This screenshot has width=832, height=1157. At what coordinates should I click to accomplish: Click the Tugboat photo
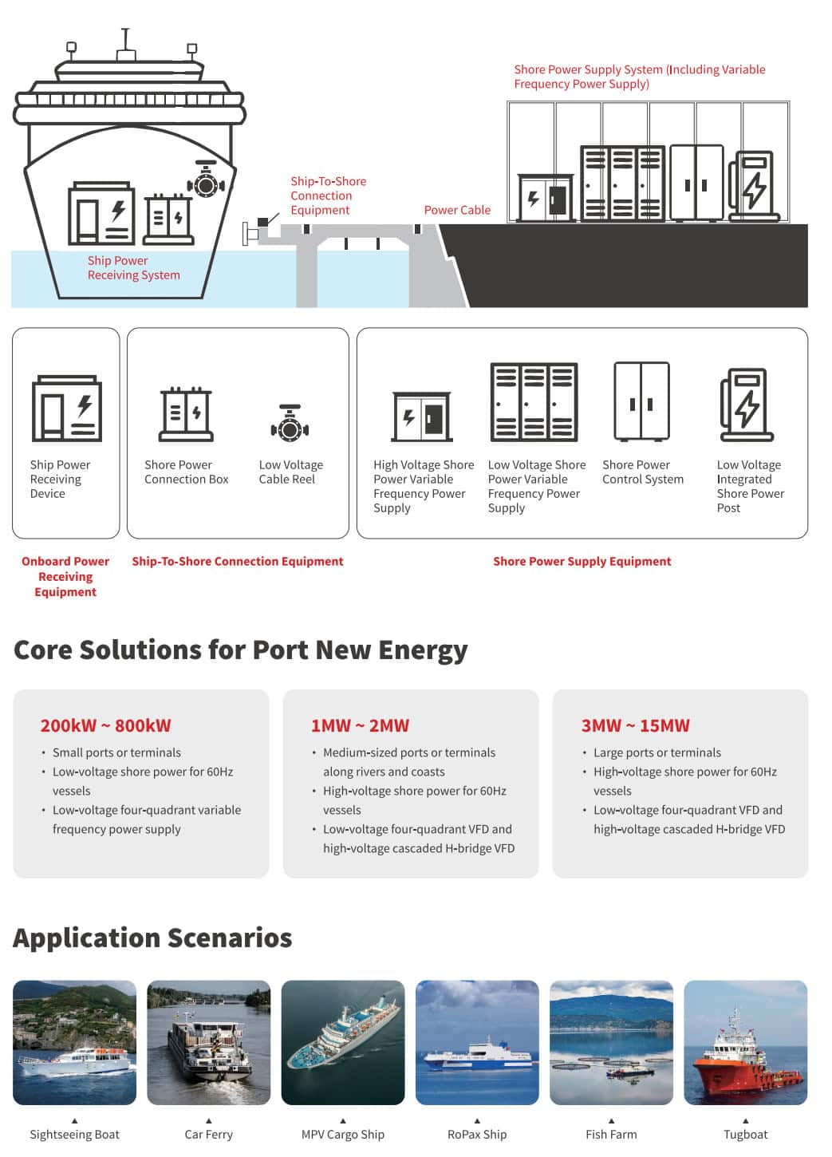745,1042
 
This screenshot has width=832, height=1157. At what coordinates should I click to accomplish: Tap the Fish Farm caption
611,1135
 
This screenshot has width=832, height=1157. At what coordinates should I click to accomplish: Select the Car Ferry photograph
209,1042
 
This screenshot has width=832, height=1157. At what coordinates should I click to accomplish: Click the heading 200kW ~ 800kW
105,725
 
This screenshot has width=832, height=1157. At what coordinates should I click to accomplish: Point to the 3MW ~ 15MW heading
635,725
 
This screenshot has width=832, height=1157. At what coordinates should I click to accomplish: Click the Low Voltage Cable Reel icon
290,423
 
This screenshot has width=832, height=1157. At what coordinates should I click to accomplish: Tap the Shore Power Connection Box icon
186,414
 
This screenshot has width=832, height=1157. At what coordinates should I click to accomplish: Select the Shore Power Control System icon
641,401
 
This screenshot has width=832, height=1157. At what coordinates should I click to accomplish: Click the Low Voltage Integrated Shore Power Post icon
747,405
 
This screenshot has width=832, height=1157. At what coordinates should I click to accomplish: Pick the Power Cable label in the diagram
457,210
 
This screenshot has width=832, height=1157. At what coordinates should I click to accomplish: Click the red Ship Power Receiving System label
134,267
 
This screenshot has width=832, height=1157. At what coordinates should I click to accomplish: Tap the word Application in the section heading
87,938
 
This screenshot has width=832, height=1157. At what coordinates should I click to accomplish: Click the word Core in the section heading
43,650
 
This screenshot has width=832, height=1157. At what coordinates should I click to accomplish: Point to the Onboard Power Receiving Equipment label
65,576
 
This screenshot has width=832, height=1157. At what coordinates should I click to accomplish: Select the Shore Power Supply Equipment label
582,561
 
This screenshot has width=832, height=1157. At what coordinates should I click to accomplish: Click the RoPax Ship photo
477,1042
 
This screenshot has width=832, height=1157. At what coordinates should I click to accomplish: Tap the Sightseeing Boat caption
74,1135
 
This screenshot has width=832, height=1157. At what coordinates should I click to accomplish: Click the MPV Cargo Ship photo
343,1042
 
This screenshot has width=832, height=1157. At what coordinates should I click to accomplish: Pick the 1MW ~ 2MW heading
360,725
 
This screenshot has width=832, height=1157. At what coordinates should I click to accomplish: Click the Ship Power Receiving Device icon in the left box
67,409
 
